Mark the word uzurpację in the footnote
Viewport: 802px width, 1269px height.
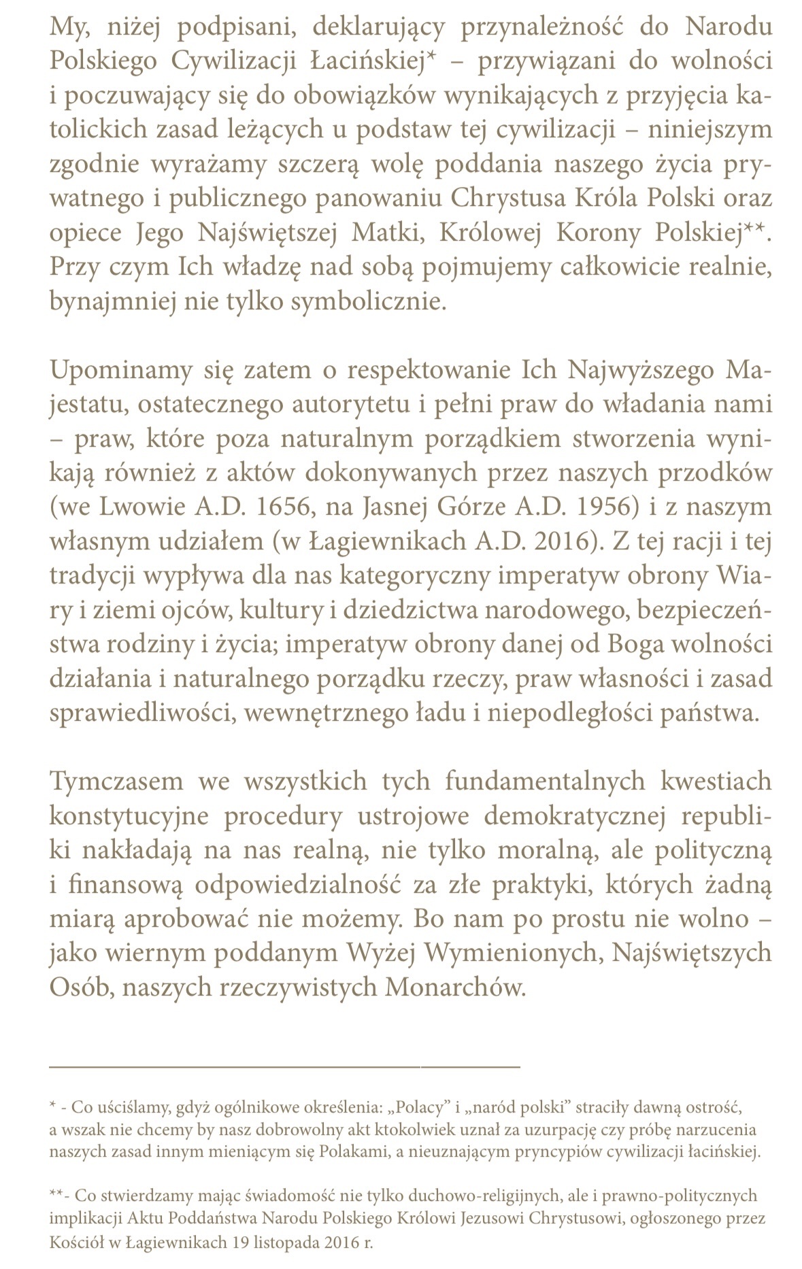pos(498,1130)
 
